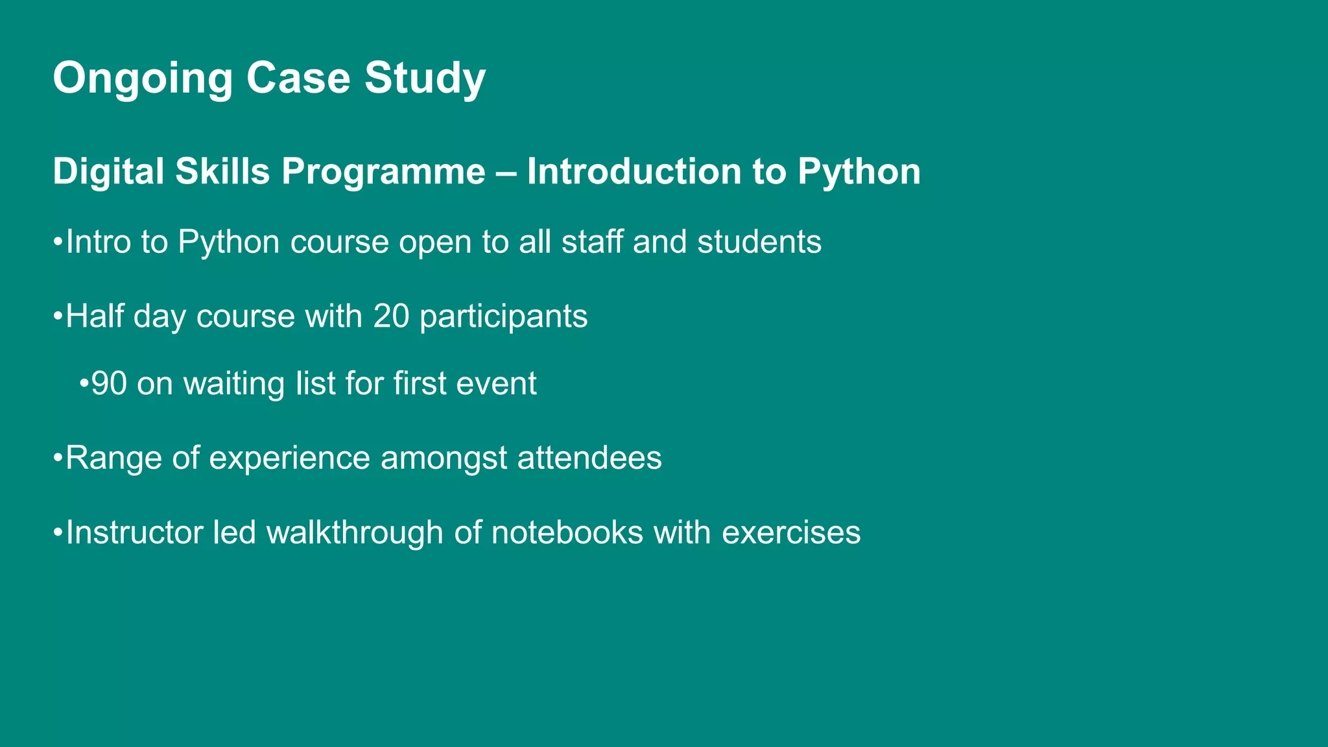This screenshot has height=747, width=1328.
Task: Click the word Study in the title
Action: click(425, 79)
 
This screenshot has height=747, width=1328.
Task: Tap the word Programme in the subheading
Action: click(383, 172)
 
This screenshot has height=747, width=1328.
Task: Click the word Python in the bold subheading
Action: click(859, 172)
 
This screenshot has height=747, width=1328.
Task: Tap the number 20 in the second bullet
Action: click(391, 316)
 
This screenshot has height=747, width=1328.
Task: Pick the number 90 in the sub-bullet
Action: click(109, 384)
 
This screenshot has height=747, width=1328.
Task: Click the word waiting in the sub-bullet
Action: click(234, 384)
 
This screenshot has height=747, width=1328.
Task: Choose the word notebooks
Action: click(567, 533)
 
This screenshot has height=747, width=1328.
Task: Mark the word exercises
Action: click(791, 533)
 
